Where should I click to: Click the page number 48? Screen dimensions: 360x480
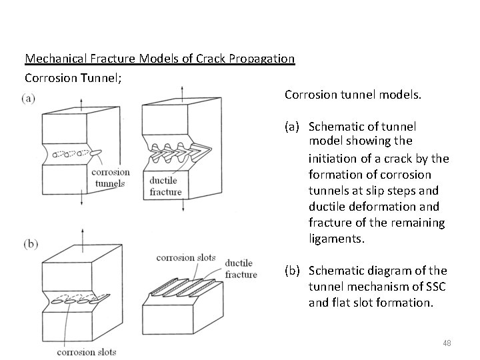[x=447, y=343]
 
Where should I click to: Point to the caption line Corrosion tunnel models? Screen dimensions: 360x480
[x=353, y=95]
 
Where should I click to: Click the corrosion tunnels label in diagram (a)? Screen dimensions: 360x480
[x=110, y=178]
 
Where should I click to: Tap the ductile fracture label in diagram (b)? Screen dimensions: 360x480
[x=241, y=269]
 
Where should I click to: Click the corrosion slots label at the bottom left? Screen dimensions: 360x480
[x=86, y=352]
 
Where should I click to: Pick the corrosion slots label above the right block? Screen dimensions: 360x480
[x=186, y=257]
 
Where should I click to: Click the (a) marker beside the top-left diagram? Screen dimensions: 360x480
[x=29, y=99]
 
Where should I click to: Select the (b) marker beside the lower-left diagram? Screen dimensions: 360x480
[x=31, y=244]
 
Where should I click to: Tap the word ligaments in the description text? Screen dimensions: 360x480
[x=337, y=238]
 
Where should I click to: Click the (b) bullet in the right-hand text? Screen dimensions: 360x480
[x=293, y=271]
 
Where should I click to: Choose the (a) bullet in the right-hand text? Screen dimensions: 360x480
[x=293, y=127]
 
